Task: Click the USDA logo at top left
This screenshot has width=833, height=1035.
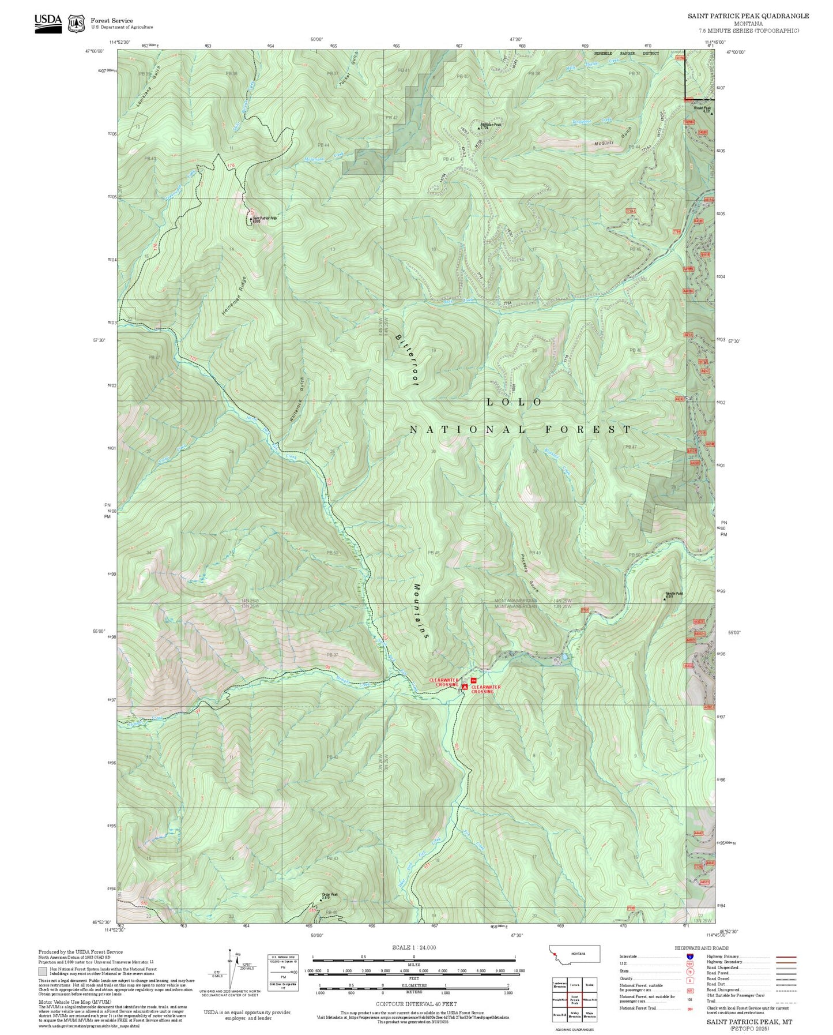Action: point(48,23)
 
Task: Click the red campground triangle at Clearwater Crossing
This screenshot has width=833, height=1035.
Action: point(465,687)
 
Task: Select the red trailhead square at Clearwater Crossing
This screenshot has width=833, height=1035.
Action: point(474,681)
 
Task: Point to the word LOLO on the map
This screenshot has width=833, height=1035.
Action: point(514,402)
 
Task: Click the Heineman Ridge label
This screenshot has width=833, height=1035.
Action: point(233,295)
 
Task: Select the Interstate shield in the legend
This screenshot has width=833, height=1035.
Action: point(689,957)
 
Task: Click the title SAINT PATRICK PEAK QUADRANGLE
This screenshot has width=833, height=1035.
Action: point(748,16)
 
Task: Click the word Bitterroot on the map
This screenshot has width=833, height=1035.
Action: point(407,358)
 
